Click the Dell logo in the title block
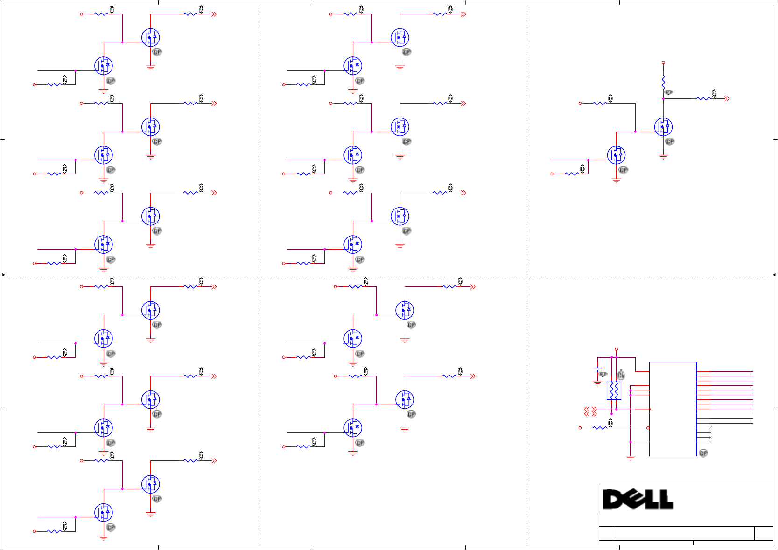pos(638,499)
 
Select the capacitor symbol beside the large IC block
pos(597,369)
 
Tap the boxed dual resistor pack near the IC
pos(614,390)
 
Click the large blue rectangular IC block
pos(673,409)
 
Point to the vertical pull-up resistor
pos(663,82)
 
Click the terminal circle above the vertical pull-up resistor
pos(663,63)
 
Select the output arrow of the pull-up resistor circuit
pos(727,99)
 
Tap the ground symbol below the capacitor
pos(597,383)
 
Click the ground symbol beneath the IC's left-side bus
pos(631,458)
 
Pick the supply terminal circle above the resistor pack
pos(616,349)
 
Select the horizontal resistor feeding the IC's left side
pos(600,428)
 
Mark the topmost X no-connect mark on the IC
pos(710,428)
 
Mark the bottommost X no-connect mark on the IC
pos(710,442)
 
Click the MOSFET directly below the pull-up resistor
pos(663,127)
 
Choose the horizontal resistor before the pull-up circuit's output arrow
pos(703,99)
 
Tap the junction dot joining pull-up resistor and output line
pos(663,99)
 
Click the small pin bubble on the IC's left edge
pos(648,428)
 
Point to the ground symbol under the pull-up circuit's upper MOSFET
pos(663,157)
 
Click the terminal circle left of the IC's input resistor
pos(580,428)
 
